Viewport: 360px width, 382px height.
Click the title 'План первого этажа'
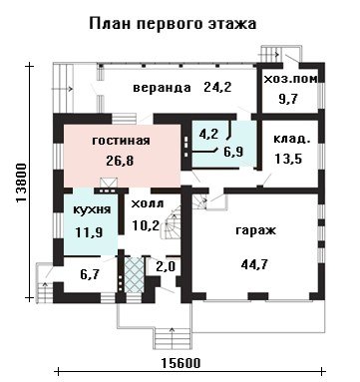[x=173, y=24]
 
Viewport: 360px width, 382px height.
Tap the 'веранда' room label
[x=163, y=88]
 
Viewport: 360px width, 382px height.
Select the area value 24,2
[x=217, y=88]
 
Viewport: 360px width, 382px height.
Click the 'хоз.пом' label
[x=290, y=79]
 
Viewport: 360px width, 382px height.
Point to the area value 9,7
[x=288, y=99]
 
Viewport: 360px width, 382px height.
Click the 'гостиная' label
[x=121, y=141]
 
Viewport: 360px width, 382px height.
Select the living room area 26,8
[x=120, y=161]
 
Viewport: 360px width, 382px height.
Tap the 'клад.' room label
[x=292, y=139]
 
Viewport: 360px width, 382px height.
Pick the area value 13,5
[x=288, y=159]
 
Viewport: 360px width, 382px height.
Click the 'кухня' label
[x=92, y=210]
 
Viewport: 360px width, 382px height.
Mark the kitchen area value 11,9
[x=89, y=232]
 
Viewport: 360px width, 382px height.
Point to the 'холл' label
[x=148, y=203]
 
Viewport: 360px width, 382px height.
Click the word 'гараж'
[x=255, y=230]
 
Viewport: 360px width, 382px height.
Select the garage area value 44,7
[x=254, y=265]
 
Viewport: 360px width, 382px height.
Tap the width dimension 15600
[x=181, y=363]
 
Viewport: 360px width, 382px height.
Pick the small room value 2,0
[x=167, y=267]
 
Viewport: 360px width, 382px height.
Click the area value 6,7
[x=91, y=274]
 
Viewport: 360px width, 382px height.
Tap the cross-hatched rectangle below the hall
[x=134, y=275]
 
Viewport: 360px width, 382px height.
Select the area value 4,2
[x=208, y=135]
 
